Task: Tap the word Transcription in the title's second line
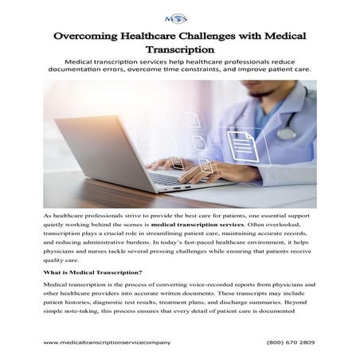tap(180, 53)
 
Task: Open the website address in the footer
tap(107, 342)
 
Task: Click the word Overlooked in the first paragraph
tap(303, 225)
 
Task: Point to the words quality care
tap(61, 259)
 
